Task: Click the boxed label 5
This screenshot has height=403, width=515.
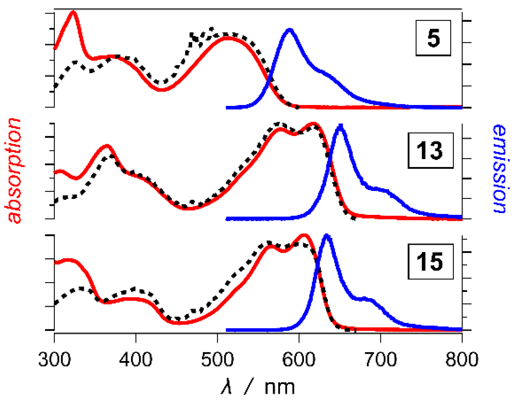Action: click(x=433, y=38)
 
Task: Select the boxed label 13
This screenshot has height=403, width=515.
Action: click(x=430, y=150)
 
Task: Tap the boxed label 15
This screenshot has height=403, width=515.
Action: click(x=430, y=262)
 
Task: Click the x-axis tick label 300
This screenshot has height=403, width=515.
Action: click(x=54, y=359)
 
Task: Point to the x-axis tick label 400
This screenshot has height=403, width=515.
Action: click(x=136, y=359)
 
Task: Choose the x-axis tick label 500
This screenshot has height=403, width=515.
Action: click(x=217, y=359)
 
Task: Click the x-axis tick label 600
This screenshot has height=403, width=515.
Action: click(x=298, y=359)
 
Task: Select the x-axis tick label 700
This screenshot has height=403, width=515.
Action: click(x=380, y=359)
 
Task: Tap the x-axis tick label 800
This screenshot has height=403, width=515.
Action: click(x=462, y=359)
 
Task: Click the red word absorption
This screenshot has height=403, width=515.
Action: click(x=14, y=171)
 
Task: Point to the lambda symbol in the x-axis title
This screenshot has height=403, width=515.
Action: click(x=227, y=387)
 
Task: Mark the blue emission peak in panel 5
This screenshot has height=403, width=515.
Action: click(x=289, y=30)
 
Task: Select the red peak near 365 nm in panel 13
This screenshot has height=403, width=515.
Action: click(x=107, y=146)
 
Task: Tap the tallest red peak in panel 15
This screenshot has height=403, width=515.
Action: click(x=304, y=235)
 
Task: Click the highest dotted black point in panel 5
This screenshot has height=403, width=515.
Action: click(x=212, y=29)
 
